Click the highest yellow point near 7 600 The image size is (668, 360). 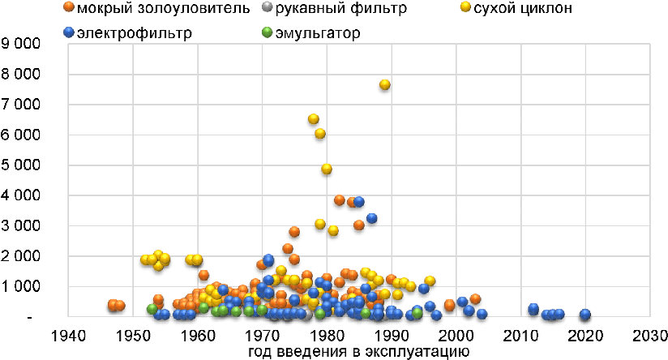385,85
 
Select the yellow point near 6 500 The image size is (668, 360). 314,119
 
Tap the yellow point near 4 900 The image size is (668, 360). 327,169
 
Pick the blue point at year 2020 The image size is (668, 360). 585,315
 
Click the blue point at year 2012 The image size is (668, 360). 533,309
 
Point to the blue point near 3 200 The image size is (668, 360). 371,218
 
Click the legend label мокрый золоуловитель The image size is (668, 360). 163,8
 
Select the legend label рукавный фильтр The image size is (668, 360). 340,8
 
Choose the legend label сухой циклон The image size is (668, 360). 523,8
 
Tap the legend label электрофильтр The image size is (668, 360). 135,32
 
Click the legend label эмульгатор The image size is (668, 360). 318,32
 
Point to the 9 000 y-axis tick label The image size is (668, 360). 21,43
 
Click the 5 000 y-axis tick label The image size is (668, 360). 21,165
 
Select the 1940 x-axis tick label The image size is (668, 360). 68,336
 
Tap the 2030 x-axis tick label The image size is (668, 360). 649,336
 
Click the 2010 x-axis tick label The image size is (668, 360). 520,336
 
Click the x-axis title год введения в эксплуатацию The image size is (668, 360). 358,352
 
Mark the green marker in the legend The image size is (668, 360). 267,32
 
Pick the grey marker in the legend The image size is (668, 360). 267,7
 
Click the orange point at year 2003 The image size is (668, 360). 475,298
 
